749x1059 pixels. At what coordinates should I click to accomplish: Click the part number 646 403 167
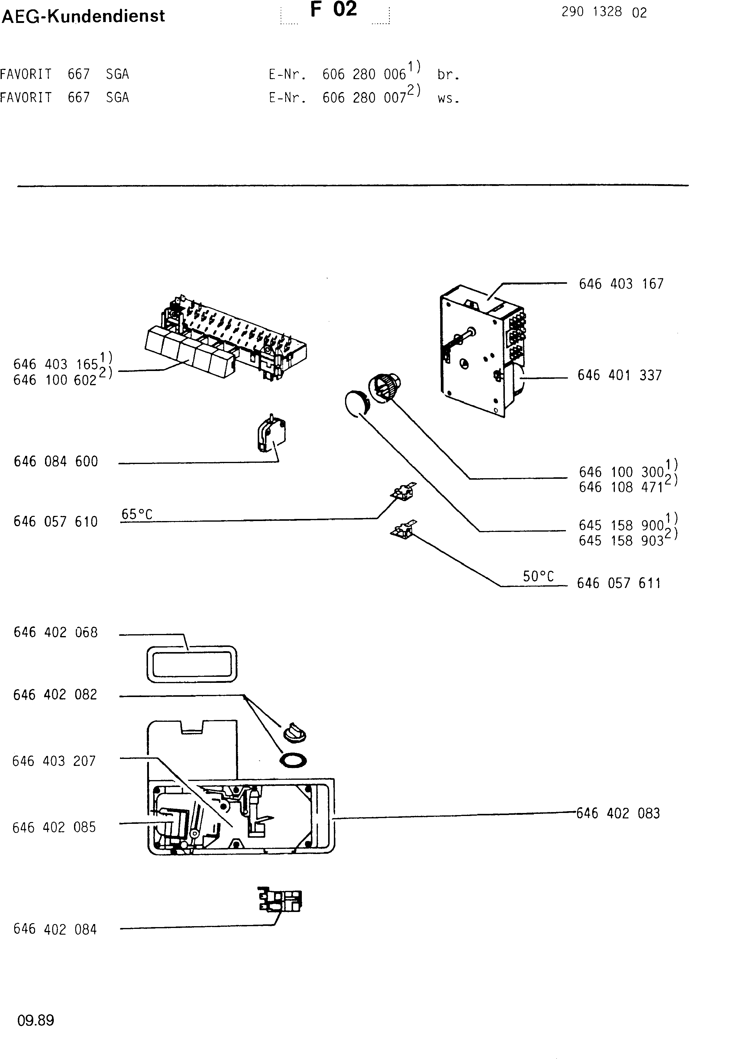[621, 284]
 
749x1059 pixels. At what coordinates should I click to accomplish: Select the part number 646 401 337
[620, 376]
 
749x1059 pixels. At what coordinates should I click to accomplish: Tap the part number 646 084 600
[56, 462]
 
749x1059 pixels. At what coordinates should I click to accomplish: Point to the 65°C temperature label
[137, 514]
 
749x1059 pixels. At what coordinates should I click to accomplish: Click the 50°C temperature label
[538, 576]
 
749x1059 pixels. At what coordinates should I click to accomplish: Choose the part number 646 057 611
[619, 584]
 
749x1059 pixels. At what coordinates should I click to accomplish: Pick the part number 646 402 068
[56, 632]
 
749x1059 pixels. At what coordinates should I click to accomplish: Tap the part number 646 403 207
[54, 761]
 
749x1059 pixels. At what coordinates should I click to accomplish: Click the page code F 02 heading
[334, 10]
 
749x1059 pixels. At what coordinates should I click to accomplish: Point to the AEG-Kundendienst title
[83, 16]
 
